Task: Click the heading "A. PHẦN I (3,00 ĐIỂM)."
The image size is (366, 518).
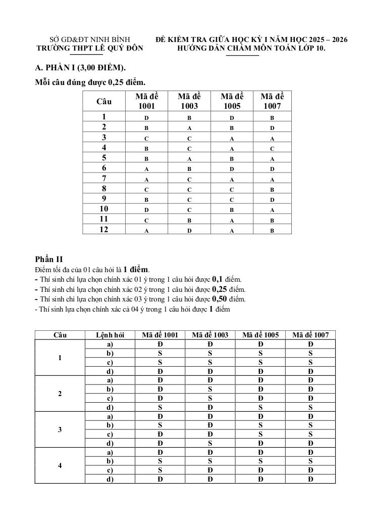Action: click(x=81, y=68)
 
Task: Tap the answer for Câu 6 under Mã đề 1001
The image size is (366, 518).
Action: click(x=146, y=168)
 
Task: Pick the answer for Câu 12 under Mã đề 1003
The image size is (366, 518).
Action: click(x=189, y=230)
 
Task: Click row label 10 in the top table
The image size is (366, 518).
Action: click(x=104, y=209)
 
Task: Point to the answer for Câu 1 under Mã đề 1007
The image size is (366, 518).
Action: click(x=272, y=118)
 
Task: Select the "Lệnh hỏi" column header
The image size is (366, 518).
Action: click(x=110, y=335)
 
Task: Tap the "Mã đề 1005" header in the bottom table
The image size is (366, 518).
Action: click(x=260, y=335)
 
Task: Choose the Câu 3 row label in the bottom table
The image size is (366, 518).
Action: click(x=60, y=430)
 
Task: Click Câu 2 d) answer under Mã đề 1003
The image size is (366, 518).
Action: click(x=210, y=407)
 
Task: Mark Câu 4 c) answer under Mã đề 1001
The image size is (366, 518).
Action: click(x=160, y=470)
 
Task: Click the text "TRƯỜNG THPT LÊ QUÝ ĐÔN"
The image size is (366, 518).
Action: click(x=90, y=49)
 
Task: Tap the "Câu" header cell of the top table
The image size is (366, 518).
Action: click(x=104, y=101)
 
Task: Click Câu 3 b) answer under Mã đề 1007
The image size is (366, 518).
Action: click(x=310, y=425)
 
